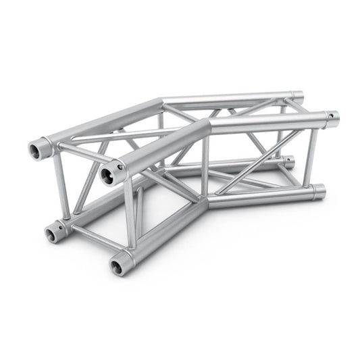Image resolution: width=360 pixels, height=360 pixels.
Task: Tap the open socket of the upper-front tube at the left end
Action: coord(107,176)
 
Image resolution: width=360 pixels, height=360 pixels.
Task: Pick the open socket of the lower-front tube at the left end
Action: coord(120,265)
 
